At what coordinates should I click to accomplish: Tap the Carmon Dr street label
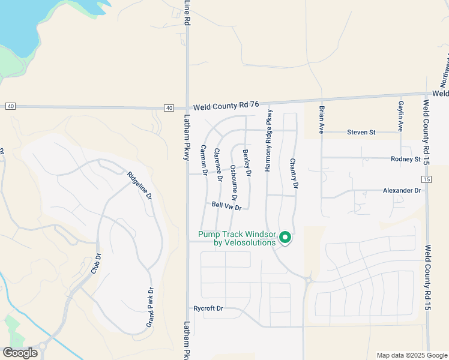tap(204, 160)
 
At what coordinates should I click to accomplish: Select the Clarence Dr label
tap(218, 165)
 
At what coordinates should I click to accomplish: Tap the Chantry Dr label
tap(294, 173)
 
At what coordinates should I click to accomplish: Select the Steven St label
tap(361, 132)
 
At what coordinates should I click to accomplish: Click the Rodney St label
tap(405, 159)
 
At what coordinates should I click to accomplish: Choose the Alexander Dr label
tap(402, 190)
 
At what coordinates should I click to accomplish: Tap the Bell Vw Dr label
tap(226, 206)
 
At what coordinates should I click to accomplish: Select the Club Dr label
tap(94, 265)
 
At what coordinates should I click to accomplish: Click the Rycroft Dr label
tap(208, 308)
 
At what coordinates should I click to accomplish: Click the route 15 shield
tap(426, 179)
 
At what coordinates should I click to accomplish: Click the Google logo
tap(20, 353)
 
